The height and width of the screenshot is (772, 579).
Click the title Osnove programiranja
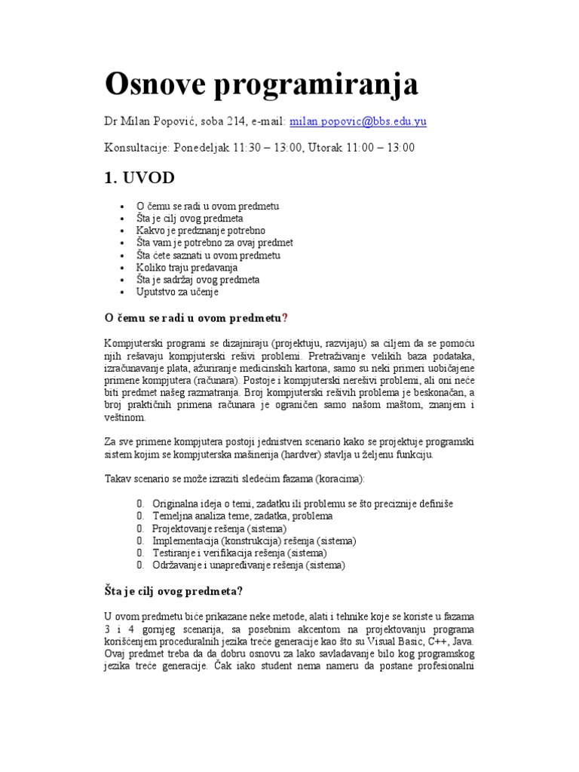click(261, 85)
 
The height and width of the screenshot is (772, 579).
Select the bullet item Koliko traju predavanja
click(187, 267)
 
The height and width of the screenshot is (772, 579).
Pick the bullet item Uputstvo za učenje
click(177, 291)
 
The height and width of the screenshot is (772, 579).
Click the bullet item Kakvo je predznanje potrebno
click(201, 230)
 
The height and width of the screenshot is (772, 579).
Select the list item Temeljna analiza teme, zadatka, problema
click(242, 516)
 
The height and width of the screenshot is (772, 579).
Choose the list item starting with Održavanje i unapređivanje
click(248, 565)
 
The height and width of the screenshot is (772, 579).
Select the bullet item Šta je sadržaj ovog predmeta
click(198, 279)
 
